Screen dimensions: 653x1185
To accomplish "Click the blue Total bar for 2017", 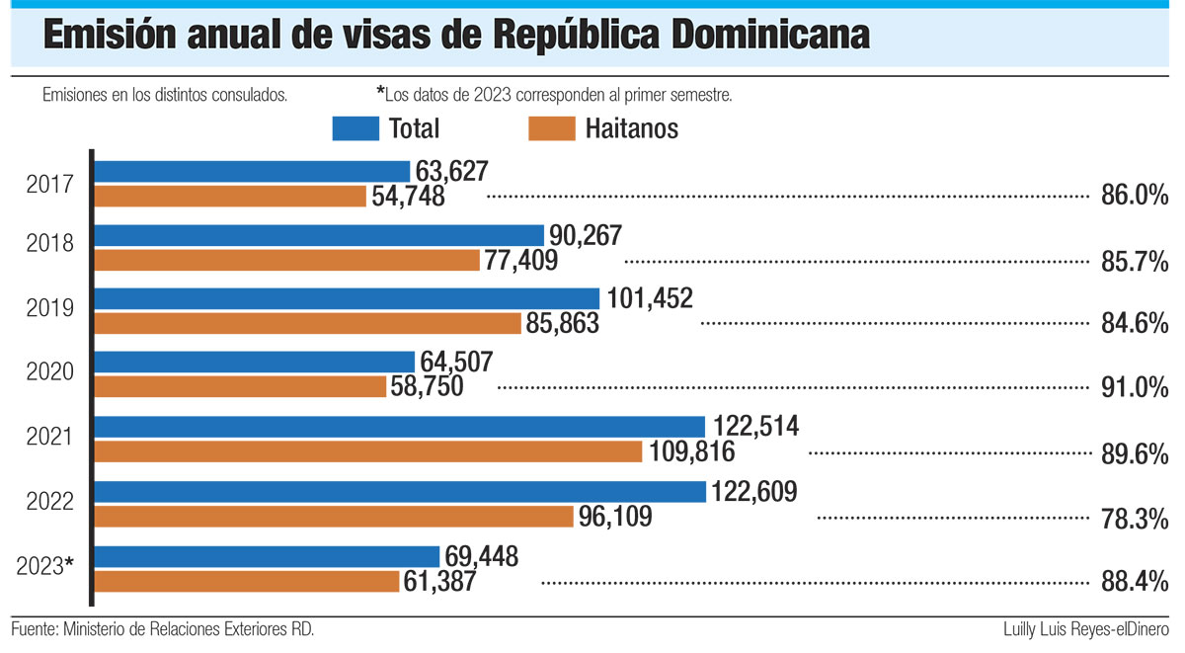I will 252,171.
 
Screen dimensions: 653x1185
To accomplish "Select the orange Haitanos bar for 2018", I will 286,260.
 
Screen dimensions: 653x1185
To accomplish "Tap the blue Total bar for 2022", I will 400,491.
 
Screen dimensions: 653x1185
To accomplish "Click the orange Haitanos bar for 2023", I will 247,581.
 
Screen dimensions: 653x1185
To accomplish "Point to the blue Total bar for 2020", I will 255,363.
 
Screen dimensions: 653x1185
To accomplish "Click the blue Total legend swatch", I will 355,128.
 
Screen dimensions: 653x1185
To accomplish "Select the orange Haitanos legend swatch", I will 552,128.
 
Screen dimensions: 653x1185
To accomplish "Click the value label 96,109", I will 617,517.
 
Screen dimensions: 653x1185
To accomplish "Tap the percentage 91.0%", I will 1135,388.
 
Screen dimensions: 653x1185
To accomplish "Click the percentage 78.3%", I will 1135,518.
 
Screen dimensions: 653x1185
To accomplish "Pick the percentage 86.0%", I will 1135,196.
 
